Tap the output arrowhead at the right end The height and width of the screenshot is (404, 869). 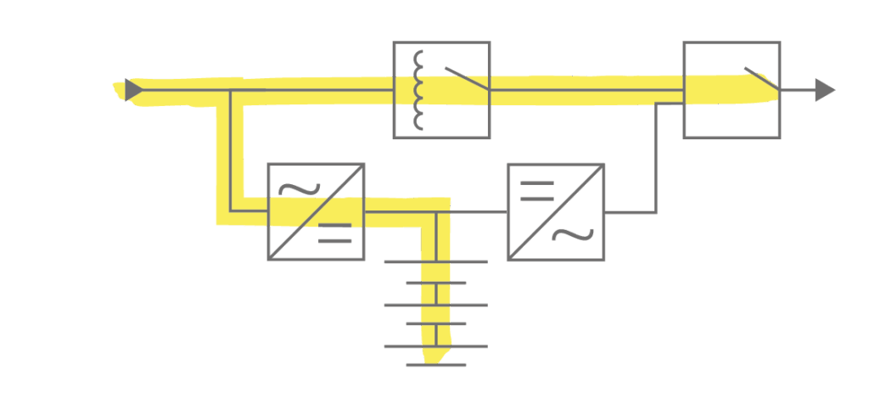click(824, 90)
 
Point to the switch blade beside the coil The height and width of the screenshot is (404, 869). click(466, 79)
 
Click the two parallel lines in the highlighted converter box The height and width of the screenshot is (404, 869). click(335, 233)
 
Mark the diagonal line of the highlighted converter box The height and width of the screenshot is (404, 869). click(317, 212)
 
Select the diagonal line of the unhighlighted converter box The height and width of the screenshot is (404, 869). click(556, 212)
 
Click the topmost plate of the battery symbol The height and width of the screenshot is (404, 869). click(436, 261)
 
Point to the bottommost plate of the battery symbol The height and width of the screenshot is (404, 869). click(436, 365)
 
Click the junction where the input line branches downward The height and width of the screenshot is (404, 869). click(231, 90)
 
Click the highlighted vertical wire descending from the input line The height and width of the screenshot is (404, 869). click(231, 149)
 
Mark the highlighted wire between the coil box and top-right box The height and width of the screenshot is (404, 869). click(586, 90)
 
